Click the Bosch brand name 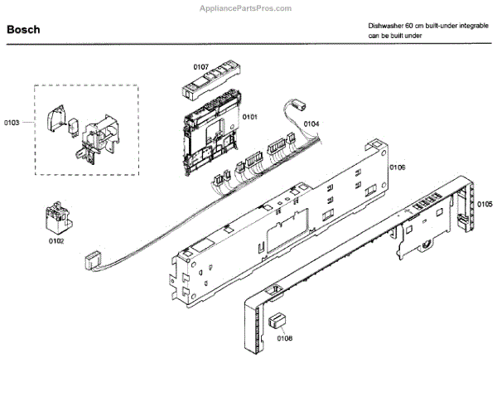pyautogui.click(x=23, y=30)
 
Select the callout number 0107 pyautogui.click(x=201, y=65)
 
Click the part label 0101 pyautogui.click(x=249, y=117)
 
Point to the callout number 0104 pyautogui.click(x=311, y=124)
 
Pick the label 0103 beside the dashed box pyautogui.click(x=12, y=123)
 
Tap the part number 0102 pyautogui.click(x=55, y=240)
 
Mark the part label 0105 pyautogui.click(x=485, y=204)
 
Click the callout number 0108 pyautogui.click(x=284, y=337)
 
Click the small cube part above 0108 pyautogui.click(x=279, y=321)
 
